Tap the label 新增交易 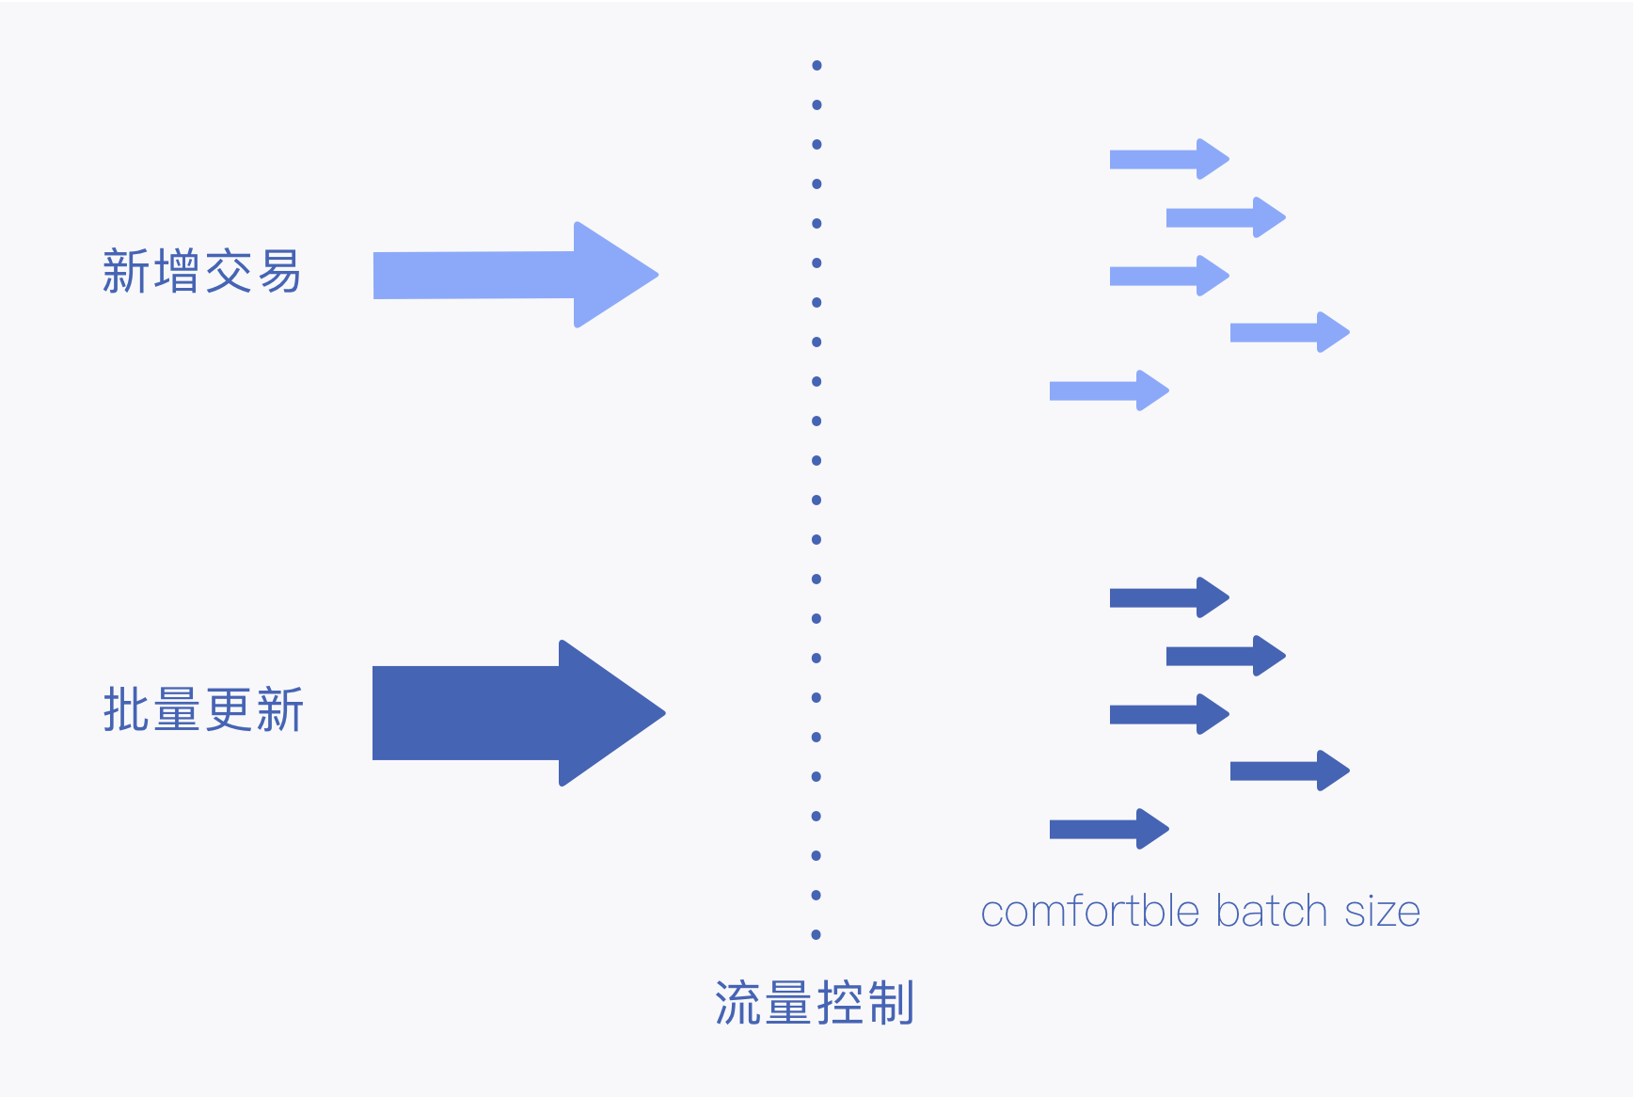coord(201,272)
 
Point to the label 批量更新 coord(203,709)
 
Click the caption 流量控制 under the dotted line coord(815,1003)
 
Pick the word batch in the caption coord(1271,912)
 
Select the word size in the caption coord(1382,913)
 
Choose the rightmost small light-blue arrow coord(1290,332)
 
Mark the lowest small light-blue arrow coord(1109,390)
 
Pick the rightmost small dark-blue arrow coord(1290,771)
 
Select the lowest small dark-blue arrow coord(1109,829)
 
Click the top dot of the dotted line coord(816,66)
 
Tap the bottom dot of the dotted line coord(816,934)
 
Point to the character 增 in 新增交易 coord(176,272)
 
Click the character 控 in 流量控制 coord(840,1003)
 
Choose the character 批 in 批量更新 coord(127,709)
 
